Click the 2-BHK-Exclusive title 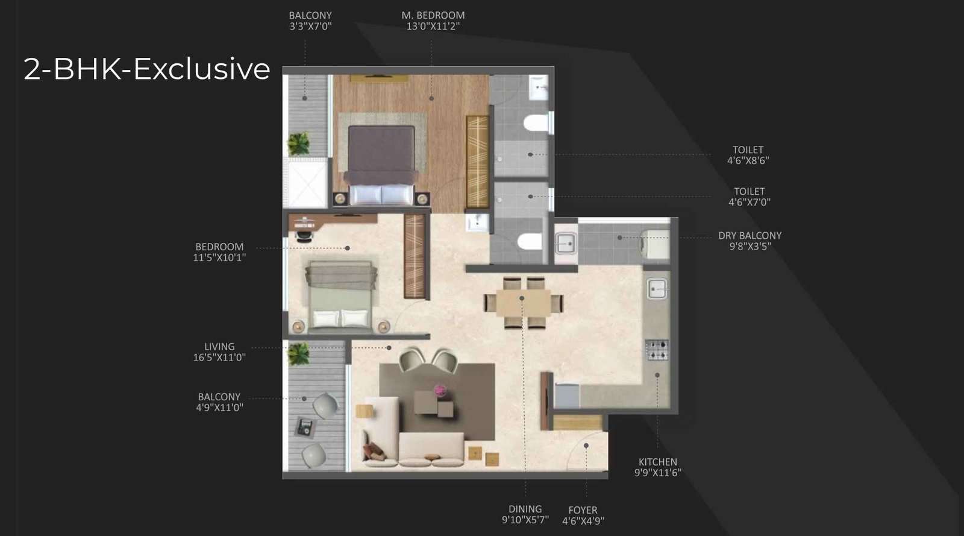(x=146, y=69)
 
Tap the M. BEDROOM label (x=433, y=16)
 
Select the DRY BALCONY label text (x=750, y=236)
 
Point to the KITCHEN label (x=657, y=462)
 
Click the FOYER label (x=583, y=510)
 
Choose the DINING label (x=525, y=509)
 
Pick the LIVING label (x=219, y=347)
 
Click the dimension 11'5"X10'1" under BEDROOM (x=219, y=257)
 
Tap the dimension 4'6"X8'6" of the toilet (x=748, y=160)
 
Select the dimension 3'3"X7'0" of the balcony (x=310, y=27)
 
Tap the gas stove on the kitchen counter (x=657, y=350)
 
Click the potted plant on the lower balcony (x=298, y=354)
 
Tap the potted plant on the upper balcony (x=298, y=143)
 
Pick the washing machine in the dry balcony (x=654, y=243)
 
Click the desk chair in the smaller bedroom (x=305, y=235)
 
